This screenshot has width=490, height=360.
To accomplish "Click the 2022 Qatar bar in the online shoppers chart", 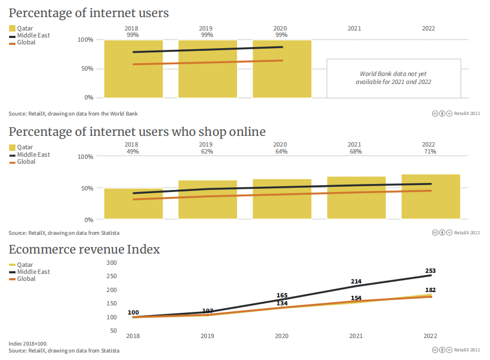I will click(x=431, y=196).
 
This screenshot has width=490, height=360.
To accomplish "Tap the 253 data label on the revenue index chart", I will click(x=430, y=271).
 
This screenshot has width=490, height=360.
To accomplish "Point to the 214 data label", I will click(x=356, y=281).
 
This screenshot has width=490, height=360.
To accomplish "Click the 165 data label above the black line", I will click(x=282, y=295).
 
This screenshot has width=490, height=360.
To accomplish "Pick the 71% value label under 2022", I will click(x=429, y=151).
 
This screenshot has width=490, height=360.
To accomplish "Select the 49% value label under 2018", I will click(x=133, y=151).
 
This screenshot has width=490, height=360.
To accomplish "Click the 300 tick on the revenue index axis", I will click(x=111, y=263).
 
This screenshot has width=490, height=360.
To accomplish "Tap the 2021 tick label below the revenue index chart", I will click(x=356, y=336).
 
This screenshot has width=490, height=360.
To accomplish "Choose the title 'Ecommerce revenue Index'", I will click(x=84, y=249).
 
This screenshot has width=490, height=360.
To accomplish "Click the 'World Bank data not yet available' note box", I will click(x=393, y=78).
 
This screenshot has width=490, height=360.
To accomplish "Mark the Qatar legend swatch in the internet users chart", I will click(x=12, y=28).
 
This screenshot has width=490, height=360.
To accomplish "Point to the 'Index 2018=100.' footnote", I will click(x=32, y=343).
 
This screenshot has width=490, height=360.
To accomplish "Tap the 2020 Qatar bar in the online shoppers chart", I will click(x=282, y=199).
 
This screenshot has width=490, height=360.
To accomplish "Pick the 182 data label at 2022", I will click(x=430, y=290).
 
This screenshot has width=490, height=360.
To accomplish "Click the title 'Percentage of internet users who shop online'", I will click(x=137, y=132).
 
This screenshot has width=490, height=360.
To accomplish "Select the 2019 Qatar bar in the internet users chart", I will click(x=208, y=69).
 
